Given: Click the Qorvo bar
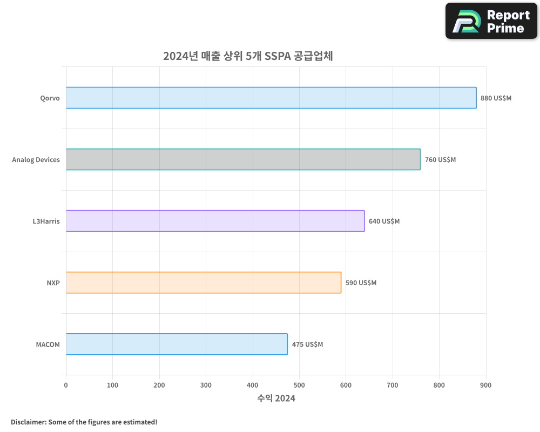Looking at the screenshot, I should pos(271,98).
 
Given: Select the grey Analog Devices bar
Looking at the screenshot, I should pos(243,159).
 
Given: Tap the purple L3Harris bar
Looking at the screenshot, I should pos(215,221).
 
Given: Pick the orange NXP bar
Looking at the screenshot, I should pos(204,282).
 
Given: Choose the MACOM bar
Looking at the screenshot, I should pos(177,344).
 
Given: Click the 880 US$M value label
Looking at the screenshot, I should pos(496,98).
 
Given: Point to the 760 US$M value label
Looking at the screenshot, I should pos(440,160).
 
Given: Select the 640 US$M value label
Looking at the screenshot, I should pos(384,221).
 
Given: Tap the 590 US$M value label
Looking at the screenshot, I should pos(361,283).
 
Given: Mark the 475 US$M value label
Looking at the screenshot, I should pos(307,345).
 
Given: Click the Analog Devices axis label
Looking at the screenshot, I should pos(36,160).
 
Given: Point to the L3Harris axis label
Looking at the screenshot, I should pos(46,221).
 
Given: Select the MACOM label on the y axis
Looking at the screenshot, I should pos(48,345).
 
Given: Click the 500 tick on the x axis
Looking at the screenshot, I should pos(299,385).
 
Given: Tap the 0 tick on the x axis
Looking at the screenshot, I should pos(66,385).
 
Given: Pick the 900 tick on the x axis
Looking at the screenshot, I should pos(485,385).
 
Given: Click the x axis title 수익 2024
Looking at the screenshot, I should pos(276,399).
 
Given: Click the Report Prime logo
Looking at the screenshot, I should pos(491,21).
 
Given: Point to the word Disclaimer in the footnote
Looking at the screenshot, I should pos(28,422).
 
